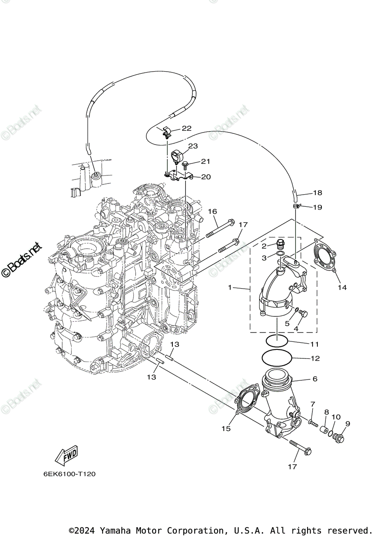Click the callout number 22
click(186, 128)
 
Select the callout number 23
click(192, 146)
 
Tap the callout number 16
click(212, 211)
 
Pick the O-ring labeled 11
click(276, 341)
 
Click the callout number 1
click(230, 288)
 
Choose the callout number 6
click(315, 379)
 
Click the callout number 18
click(317, 193)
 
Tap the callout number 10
click(336, 417)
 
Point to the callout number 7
click(313, 405)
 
